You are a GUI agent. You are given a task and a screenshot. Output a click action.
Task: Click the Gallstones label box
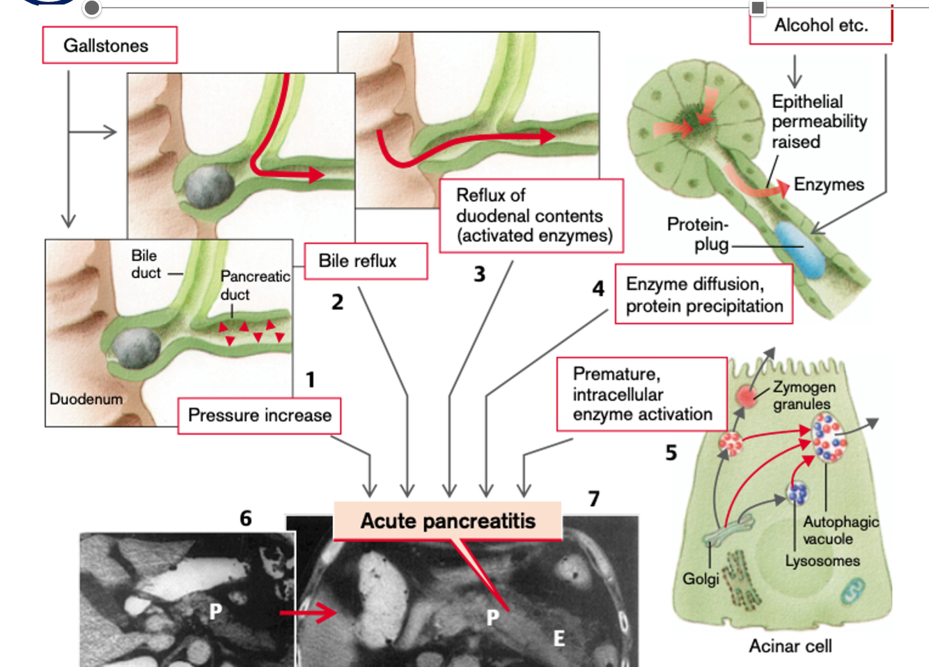tap(109, 45)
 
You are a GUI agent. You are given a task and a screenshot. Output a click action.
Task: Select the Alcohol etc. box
tap(820, 26)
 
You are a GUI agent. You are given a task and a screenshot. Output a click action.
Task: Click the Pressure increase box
tap(259, 415)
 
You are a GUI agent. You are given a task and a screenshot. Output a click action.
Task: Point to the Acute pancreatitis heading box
tap(447, 521)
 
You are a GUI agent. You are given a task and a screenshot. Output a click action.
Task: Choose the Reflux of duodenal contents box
tap(531, 215)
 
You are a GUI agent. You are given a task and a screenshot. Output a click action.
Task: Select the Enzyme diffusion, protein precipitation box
tap(703, 294)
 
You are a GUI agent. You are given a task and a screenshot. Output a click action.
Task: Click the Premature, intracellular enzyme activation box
tap(641, 394)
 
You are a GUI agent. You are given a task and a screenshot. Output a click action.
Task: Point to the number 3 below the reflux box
tap(479, 275)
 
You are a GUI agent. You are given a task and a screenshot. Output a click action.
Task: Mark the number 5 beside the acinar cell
tap(671, 453)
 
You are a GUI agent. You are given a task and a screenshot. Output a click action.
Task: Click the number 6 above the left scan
tap(245, 519)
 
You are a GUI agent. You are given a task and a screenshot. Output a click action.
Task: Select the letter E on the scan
tap(559, 638)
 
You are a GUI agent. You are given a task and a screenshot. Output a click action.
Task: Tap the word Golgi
tap(700, 579)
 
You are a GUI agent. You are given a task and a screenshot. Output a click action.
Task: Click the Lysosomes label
tap(822, 561)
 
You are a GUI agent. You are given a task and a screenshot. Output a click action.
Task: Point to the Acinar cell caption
tap(790, 646)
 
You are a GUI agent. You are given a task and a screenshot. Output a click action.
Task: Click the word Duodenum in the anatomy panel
tap(86, 399)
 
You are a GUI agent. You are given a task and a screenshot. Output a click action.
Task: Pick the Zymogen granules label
tap(803, 395)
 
